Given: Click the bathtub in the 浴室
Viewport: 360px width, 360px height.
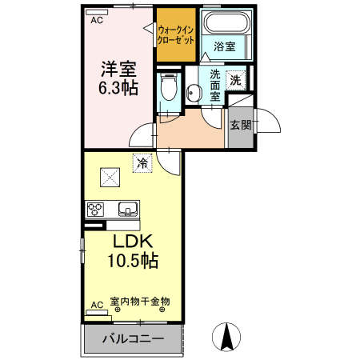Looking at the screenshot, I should coord(226,24).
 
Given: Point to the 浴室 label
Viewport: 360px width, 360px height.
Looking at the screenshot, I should coord(226,47).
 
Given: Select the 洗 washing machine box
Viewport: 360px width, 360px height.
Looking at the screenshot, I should coord(235,80).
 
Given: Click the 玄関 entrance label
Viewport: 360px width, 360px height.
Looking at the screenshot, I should coord(240,125).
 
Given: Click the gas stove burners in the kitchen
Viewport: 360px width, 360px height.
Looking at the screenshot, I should coord(96,210).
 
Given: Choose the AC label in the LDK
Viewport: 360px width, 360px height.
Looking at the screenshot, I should coord(96,305).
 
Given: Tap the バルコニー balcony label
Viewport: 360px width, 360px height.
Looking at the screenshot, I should coord(133,339).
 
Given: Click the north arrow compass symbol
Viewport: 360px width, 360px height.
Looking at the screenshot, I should coord(227,335).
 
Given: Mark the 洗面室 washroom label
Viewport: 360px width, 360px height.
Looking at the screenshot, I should coord(215,85).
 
